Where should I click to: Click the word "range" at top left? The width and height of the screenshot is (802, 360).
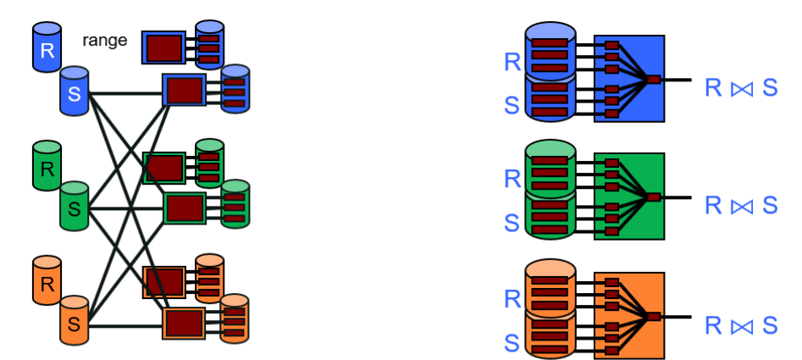105,39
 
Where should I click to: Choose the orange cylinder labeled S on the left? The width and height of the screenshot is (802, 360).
75,323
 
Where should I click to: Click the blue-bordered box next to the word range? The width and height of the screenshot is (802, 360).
163,47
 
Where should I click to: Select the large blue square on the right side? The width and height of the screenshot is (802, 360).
628,79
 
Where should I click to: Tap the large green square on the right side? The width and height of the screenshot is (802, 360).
628,197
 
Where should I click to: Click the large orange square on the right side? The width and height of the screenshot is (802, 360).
628,316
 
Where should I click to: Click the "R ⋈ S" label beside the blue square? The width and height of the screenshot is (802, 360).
741,87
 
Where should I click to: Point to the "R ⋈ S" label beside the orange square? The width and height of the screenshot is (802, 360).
741,324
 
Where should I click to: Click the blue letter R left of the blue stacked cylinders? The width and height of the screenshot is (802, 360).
512,62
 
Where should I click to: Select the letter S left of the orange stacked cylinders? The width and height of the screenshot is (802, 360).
512,342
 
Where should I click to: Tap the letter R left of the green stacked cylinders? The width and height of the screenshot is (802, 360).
512,180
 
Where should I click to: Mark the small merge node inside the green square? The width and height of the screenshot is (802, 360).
653,197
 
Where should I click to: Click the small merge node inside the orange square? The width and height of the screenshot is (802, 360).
653,317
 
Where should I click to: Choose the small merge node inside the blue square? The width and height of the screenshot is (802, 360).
653,80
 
